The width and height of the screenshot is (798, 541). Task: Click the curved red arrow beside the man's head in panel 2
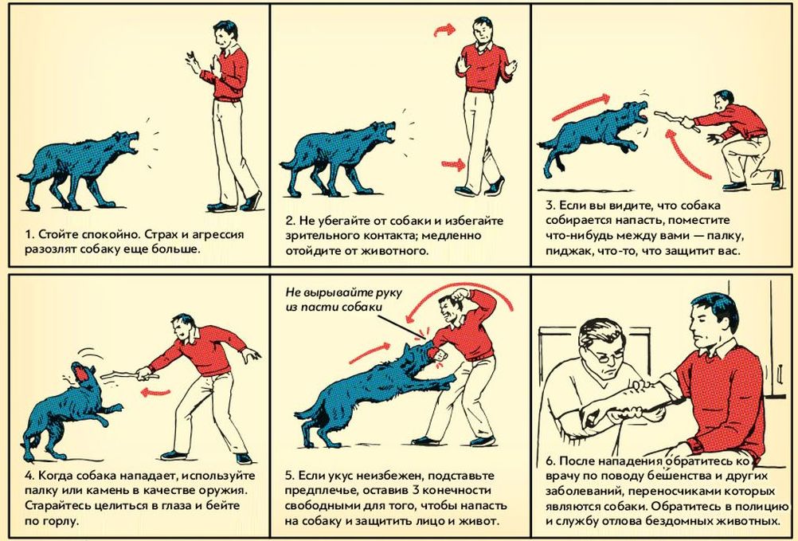point(445,29)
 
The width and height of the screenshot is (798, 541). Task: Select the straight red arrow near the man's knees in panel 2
point(453,164)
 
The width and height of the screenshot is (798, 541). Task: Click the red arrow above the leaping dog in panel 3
point(581,107)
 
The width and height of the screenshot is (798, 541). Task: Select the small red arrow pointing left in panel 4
point(156,392)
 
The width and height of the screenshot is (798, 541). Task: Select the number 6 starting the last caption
point(550,461)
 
